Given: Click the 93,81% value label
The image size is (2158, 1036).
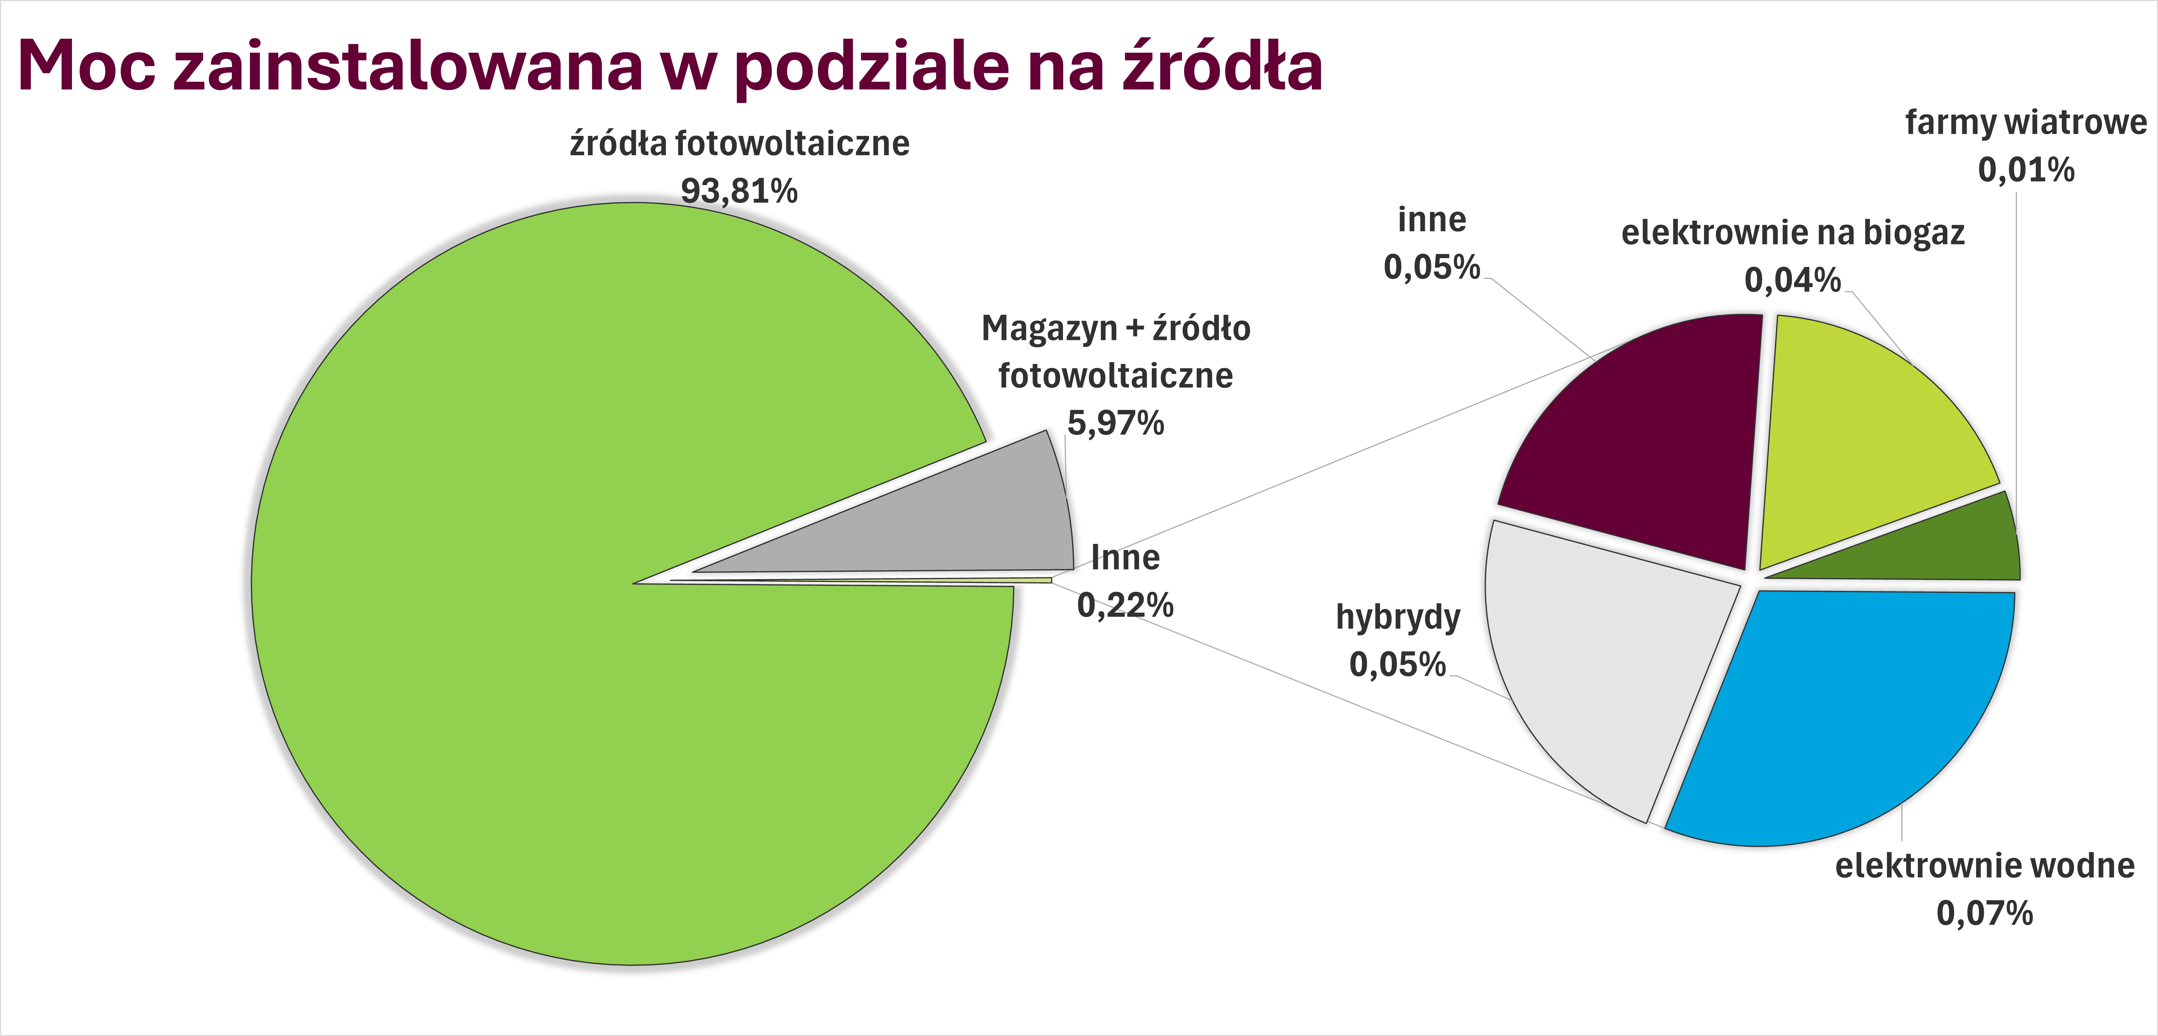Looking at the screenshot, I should (x=739, y=191).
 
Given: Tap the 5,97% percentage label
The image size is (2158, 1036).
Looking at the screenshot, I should (x=1115, y=423).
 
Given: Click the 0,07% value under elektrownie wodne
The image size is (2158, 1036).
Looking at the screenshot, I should (x=1985, y=913).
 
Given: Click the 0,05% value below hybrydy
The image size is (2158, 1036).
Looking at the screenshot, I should (x=1397, y=665).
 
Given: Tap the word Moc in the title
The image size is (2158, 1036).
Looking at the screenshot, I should (x=86, y=65).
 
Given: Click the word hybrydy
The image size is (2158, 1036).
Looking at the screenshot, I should (x=1397, y=618).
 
